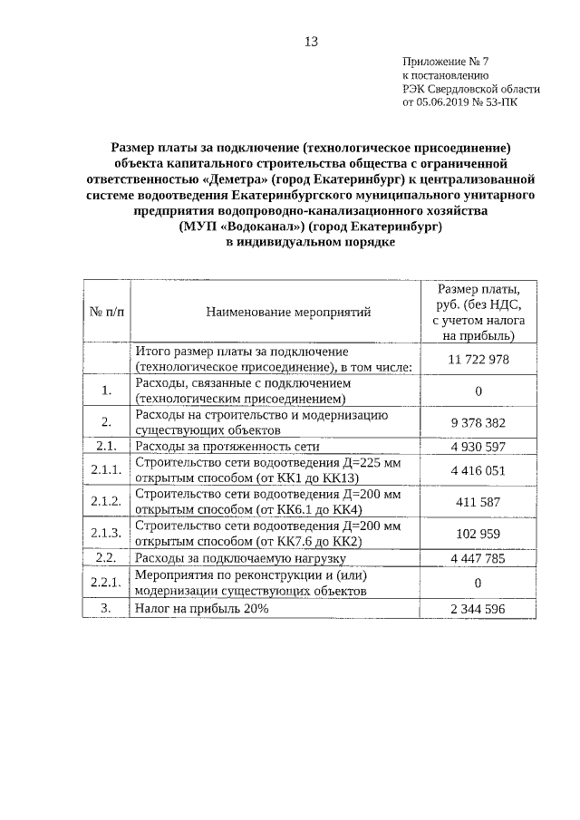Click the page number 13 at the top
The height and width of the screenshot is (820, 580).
(x=311, y=42)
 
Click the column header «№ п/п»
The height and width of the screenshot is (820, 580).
(x=106, y=312)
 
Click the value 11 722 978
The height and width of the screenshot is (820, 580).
(x=478, y=359)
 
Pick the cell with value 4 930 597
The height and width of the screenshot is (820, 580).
(x=478, y=446)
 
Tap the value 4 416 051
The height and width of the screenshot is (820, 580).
(x=478, y=470)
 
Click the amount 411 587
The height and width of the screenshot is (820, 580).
(x=478, y=501)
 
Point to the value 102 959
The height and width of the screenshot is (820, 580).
(x=478, y=534)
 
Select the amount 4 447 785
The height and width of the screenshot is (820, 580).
(x=478, y=558)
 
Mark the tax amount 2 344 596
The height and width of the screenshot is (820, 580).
(x=478, y=609)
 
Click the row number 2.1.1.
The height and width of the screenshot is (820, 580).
(x=106, y=470)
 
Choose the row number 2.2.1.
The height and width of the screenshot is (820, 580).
(x=106, y=583)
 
